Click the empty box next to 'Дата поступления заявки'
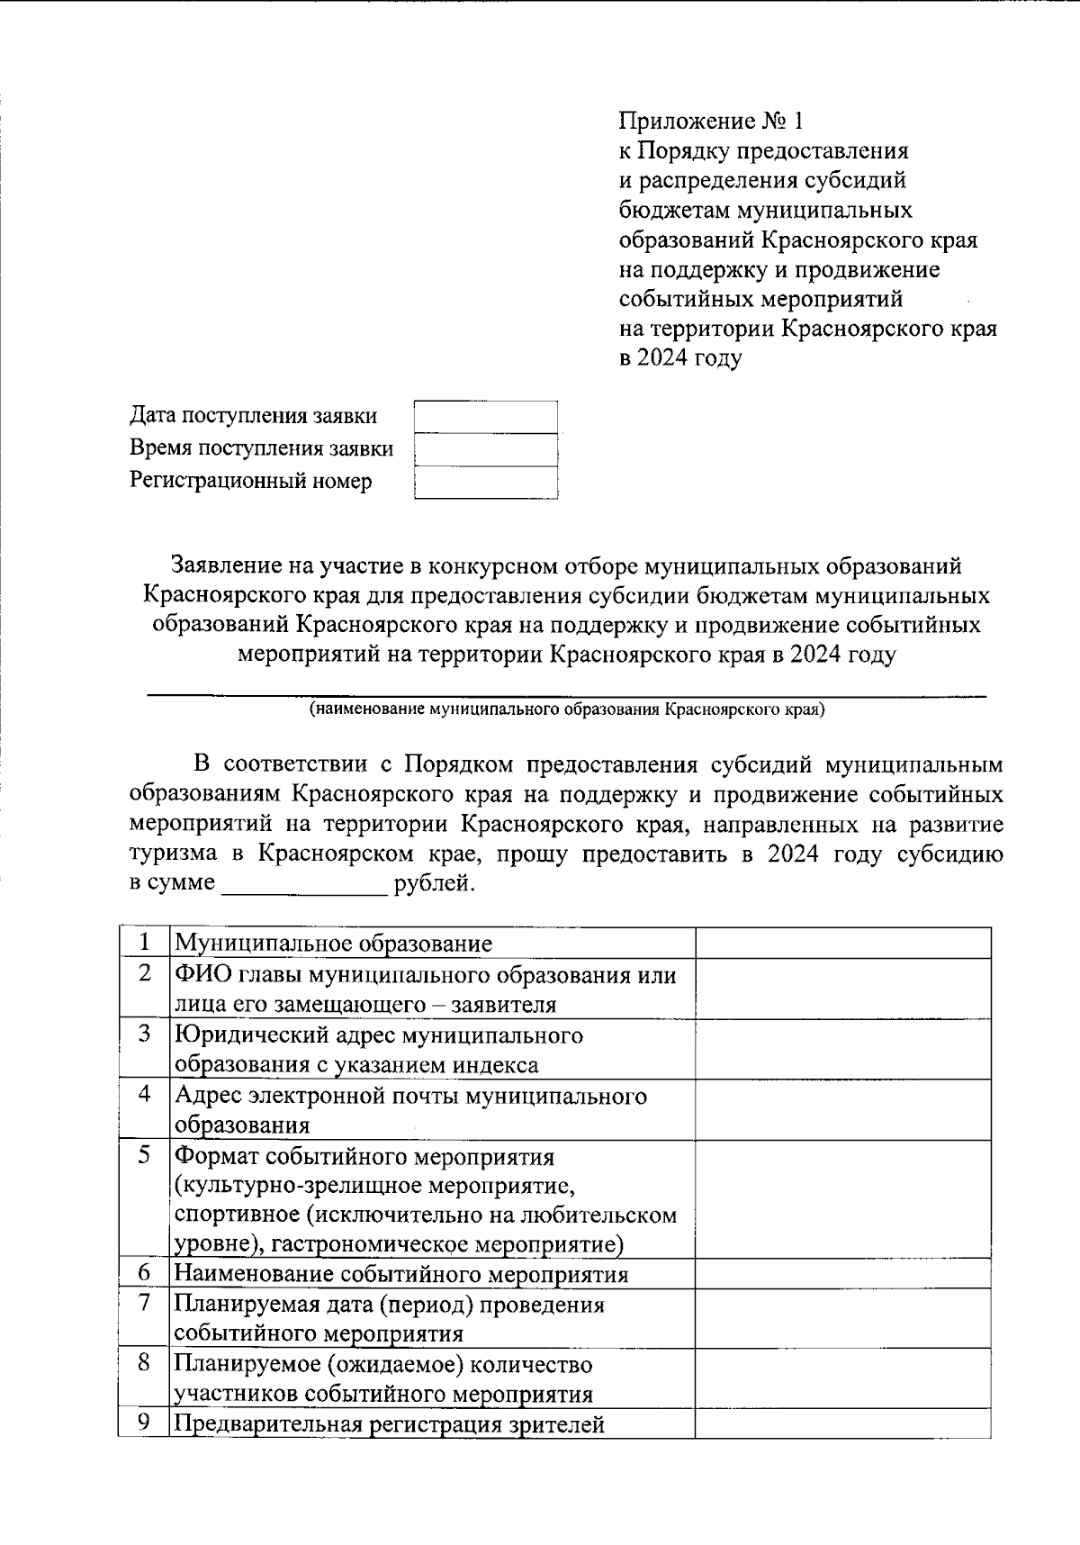(x=485, y=417)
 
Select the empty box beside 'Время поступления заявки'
(x=485, y=449)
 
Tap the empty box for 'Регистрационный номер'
(x=485, y=483)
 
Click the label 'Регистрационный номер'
(x=250, y=482)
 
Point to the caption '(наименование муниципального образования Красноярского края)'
(x=566, y=709)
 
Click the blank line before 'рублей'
(x=304, y=884)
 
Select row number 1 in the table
(x=144, y=944)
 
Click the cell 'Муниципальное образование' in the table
(x=333, y=944)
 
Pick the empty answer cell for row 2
(x=842, y=989)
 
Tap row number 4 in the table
(x=144, y=1095)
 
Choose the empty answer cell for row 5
(x=842, y=1199)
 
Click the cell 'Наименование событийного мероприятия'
(x=400, y=1275)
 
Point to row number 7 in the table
(x=144, y=1304)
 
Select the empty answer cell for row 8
(x=842, y=1379)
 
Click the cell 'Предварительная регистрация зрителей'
(x=389, y=1425)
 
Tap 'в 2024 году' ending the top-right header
(x=680, y=359)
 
